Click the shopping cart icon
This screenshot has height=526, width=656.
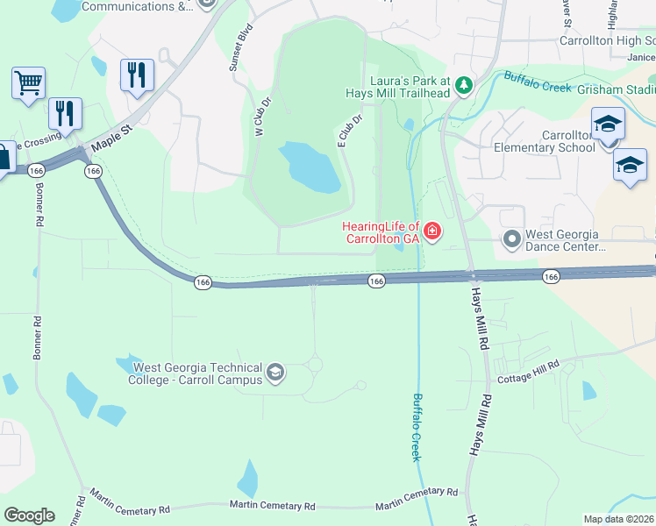pos(28,84)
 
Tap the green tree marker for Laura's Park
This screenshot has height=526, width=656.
pos(464,85)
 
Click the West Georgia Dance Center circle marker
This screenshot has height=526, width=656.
pos(511,238)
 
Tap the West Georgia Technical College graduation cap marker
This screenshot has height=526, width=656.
pos(275,374)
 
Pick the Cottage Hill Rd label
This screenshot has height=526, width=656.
pos(528,373)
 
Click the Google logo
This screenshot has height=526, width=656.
pos(29,515)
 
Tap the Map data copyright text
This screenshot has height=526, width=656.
pos(619,518)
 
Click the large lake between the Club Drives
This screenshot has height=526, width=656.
pos(310,167)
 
